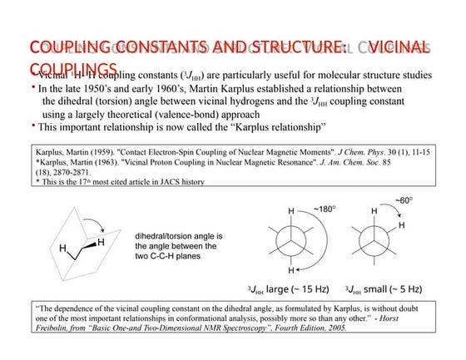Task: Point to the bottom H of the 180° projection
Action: [290, 272]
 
